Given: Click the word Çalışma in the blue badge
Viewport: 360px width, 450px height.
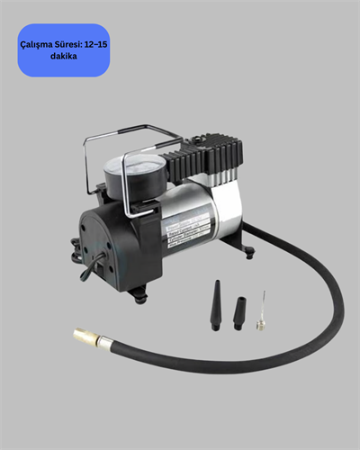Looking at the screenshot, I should click(x=39, y=42).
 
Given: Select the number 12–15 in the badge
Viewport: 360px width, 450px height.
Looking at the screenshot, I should click(x=94, y=42).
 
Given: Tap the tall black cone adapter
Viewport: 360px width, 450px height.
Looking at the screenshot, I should click(x=217, y=306).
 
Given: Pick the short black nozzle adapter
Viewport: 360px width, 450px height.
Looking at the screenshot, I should click(x=239, y=311).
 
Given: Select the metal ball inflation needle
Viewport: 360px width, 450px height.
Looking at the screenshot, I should click(x=261, y=310).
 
